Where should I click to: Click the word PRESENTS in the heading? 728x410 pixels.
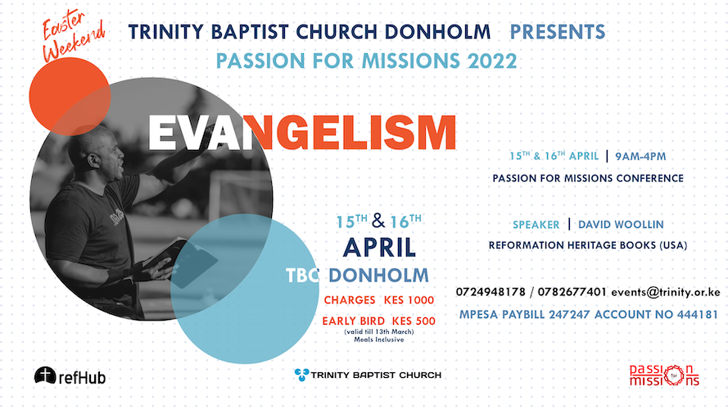click(x=557, y=32)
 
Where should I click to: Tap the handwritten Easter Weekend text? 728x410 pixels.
click(x=74, y=36)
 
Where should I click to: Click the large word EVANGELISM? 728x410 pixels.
click(x=302, y=133)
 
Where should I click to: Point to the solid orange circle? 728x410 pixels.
click(x=70, y=97)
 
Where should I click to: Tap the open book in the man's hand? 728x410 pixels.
click(x=179, y=260)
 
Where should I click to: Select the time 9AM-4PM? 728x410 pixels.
click(x=640, y=157)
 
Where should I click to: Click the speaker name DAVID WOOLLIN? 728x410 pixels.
click(x=621, y=225)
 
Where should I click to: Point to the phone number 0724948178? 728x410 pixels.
click(x=491, y=292)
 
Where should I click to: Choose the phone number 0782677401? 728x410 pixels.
click(x=572, y=292)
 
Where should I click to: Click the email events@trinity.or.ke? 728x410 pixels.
click(x=666, y=293)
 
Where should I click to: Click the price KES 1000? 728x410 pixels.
click(x=409, y=300)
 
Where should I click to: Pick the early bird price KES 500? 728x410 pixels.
click(x=414, y=321)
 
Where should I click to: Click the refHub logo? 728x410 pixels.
click(x=70, y=376)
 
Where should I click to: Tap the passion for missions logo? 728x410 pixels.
click(x=664, y=375)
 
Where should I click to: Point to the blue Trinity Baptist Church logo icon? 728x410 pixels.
click(x=301, y=375)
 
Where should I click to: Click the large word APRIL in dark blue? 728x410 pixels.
click(x=379, y=248)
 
